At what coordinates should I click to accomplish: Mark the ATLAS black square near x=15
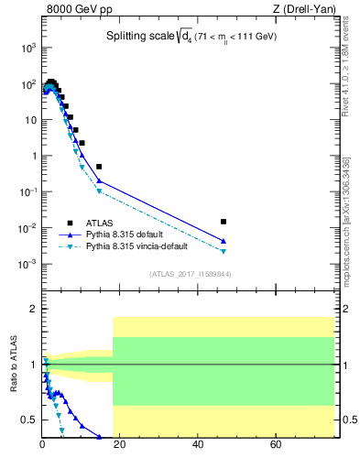[99, 167]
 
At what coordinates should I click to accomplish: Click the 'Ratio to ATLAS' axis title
[14, 365]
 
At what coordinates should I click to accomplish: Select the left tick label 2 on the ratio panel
[33, 310]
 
